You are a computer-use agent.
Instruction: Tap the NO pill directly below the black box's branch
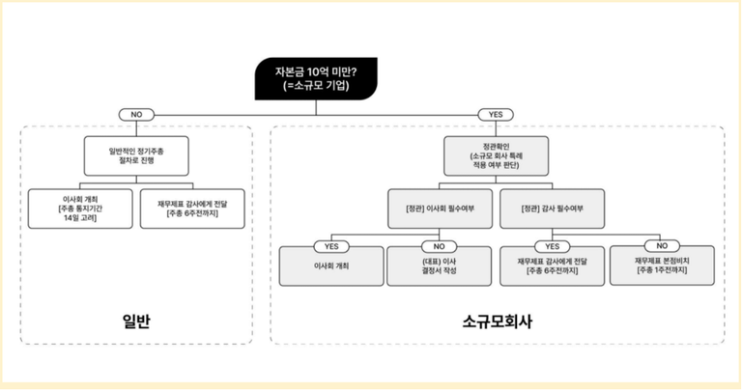pyautogui.click(x=136, y=114)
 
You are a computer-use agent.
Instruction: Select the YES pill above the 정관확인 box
pyautogui.click(x=496, y=114)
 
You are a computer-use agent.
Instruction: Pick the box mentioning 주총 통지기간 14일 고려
pyautogui.click(x=82, y=209)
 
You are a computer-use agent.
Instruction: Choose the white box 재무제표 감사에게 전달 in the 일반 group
pyautogui.click(x=192, y=209)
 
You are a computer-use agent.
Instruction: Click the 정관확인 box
pyautogui.click(x=496, y=155)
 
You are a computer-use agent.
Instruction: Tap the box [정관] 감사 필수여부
pyautogui.click(x=552, y=209)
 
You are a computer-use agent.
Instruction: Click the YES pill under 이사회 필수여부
pyautogui.click(x=330, y=245)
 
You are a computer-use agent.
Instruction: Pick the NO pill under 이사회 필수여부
pyautogui.click(x=440, y=245)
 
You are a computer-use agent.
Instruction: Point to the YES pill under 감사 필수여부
pyautogui.click(x=552, y=245)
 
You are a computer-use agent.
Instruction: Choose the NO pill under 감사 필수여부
pyautogui.click(x=662, y=245)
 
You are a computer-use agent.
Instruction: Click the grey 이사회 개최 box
pyautogui.click(x=330, y=265)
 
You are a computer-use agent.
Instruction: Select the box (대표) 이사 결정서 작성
pyautogui.click(x=440, y=265)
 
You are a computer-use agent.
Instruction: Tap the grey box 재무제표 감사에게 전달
pyautogui.click(x=552, y=265)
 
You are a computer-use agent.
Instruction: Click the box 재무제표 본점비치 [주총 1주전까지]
pyautogui.click(x=662, y=265)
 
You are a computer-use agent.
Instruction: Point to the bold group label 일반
pyautogui.click(x=136, y=320)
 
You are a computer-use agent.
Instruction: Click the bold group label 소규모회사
pyautogui.click(x=496, y=320)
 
